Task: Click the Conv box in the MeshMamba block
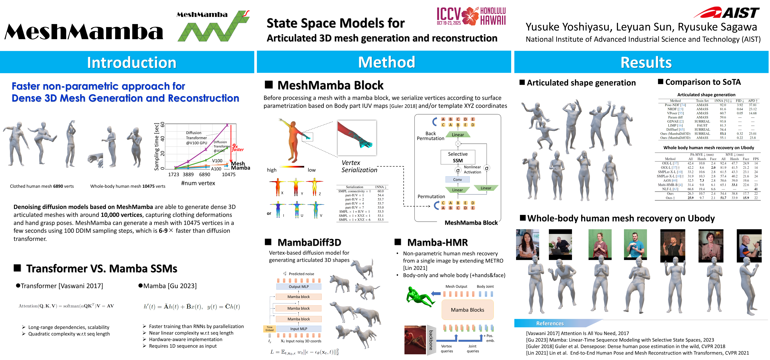coord(457,180)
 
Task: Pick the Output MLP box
coord(299,287)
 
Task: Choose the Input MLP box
coord(299,329)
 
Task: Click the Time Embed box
coord(269,329)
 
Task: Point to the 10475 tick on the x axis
coord(229,174)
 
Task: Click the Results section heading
coord(646,63)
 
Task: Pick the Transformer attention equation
coord(66,306)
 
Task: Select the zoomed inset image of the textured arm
coord(357,138)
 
